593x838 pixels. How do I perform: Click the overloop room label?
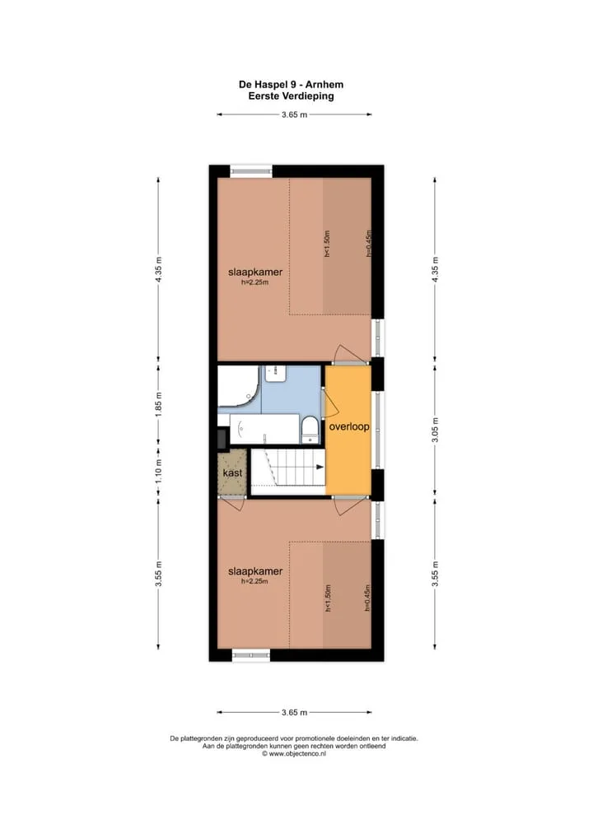tap(348, 426)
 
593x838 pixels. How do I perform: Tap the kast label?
tap(232, 473)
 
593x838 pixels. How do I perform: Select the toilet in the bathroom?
tap(311, 431)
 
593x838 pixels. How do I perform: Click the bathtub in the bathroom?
tap(264, 429)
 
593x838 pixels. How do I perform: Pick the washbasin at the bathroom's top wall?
tap(276, 373)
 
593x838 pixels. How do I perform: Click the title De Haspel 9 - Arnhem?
tap(291, 85)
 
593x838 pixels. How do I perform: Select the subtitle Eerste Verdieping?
tap(291, 96)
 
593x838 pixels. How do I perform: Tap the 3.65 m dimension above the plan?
tap(294, 114)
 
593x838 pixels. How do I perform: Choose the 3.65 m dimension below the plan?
tap(294, 712)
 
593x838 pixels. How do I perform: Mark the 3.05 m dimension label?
tap(435, 430)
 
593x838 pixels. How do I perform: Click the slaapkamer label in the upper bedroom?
tap(255, 272)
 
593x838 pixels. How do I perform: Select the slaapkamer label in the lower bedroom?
tap(255, 571)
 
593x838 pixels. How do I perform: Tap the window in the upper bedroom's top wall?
tap(251, 171)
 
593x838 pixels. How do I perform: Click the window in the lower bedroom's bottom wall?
tap(250, 654)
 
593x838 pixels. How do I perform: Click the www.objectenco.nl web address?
tap(293, 753)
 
